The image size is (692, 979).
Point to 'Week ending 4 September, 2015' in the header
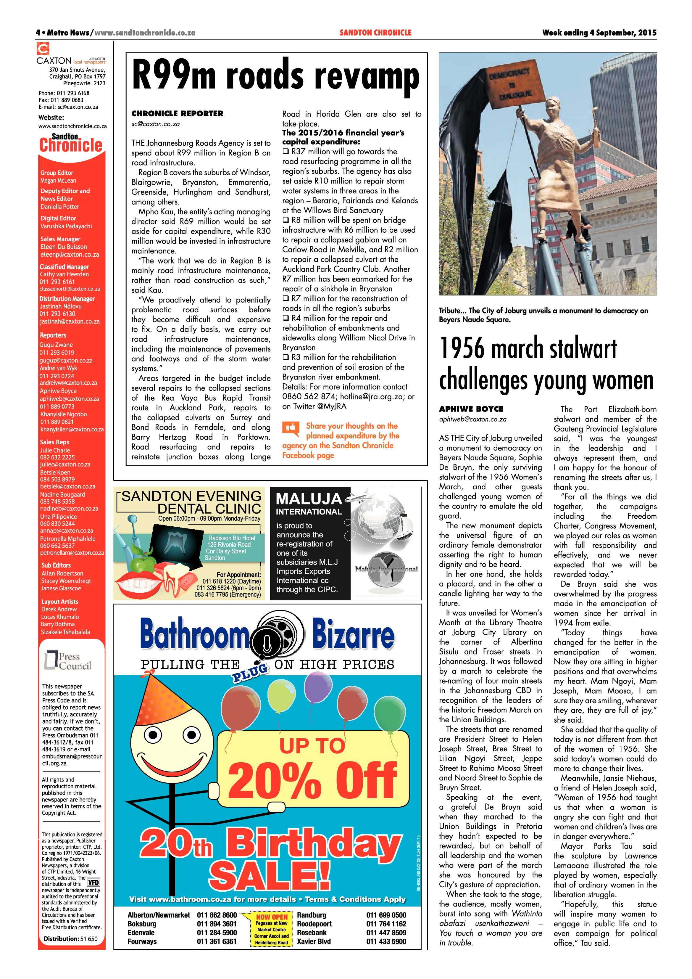(599, 32)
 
